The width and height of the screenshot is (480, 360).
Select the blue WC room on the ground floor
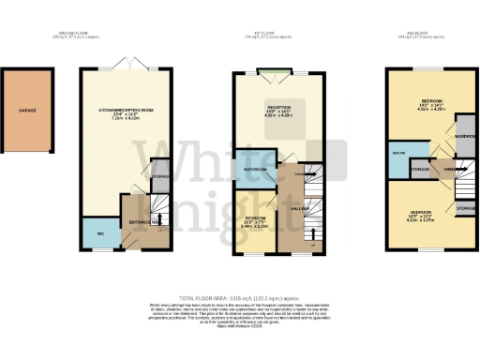click(99, 234)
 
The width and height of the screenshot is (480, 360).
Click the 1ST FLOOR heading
click(277, 37)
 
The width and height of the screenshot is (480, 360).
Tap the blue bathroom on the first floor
click(254, 169)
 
